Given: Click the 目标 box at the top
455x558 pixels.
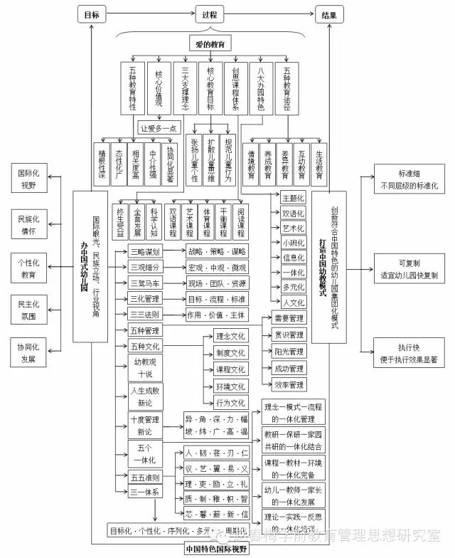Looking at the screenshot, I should (x=91, y=14).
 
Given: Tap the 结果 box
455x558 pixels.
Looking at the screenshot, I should (x=330, y=14).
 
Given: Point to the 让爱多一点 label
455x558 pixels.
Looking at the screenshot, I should (x=158, y=128).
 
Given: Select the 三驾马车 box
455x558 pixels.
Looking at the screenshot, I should (x=145, y=283).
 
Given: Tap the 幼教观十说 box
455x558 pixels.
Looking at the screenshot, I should (x=144, y=368).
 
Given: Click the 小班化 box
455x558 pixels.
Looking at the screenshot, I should (x=292, y=243).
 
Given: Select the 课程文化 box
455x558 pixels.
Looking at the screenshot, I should (x=230, y=369).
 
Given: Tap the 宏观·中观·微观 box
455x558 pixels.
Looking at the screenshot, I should (x=216, y=268).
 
